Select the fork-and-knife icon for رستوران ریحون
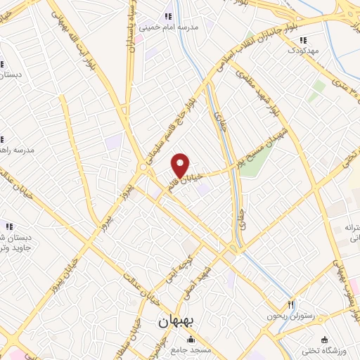[290, 304]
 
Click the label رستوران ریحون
[282, 316]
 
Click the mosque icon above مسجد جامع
[193, 341]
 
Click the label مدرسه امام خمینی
[167, 27]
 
